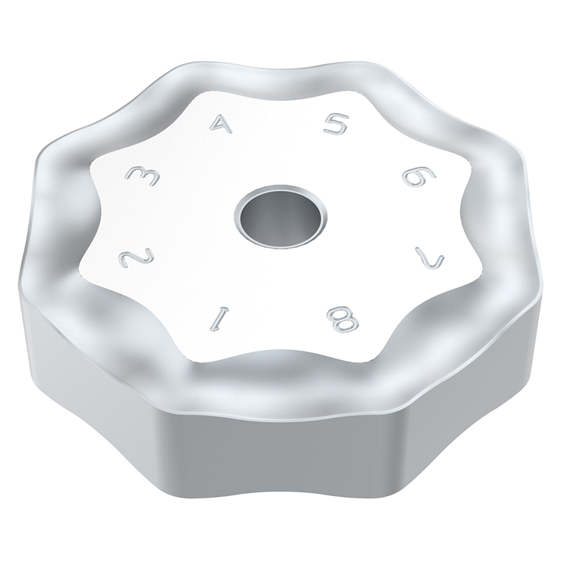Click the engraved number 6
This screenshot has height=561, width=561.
coord(419,177)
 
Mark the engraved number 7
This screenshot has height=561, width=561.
coord(430,256)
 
